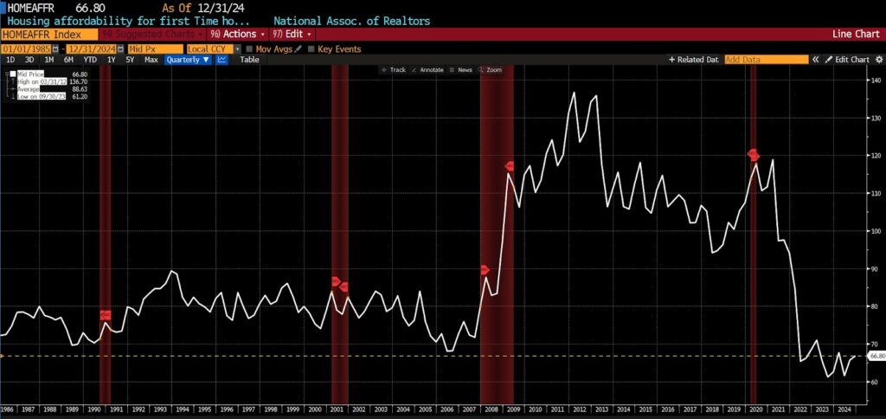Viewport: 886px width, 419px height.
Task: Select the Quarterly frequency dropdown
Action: [x=188, y=60]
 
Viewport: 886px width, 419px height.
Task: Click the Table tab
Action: [x=249, y=60]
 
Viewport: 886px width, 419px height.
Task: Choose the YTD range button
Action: [x=89, y=60]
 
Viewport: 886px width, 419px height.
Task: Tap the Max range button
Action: [x=151, y=60]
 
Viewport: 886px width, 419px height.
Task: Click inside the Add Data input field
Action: [x=766, y=60]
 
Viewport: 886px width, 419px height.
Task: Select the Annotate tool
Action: [x=430, y=69]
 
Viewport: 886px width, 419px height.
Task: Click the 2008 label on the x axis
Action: [x=491, y=408]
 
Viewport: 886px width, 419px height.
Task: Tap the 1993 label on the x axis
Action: [x=159, y=408]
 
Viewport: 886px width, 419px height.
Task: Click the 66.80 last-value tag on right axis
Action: [x=876, y=356]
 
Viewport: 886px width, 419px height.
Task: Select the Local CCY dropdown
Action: [x=208, y=48]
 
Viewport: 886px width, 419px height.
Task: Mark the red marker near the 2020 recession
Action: [x=753, y=155]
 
